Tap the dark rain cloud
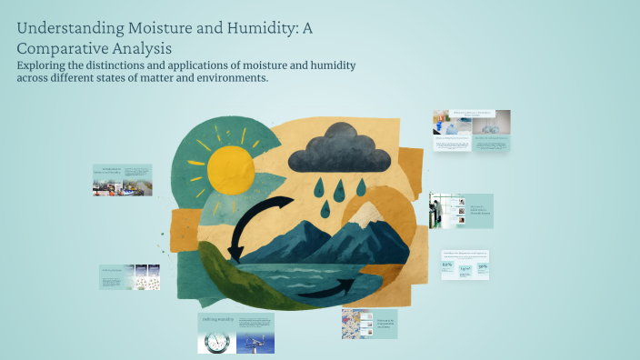pos(339,148)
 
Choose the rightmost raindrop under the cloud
pos(360,187)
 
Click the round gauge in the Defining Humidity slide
pos(216,341)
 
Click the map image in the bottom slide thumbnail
pos(356,324)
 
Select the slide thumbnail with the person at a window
pos(461,211)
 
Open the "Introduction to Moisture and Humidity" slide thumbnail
pos(122,180)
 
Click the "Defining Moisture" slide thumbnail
pos(130,277)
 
